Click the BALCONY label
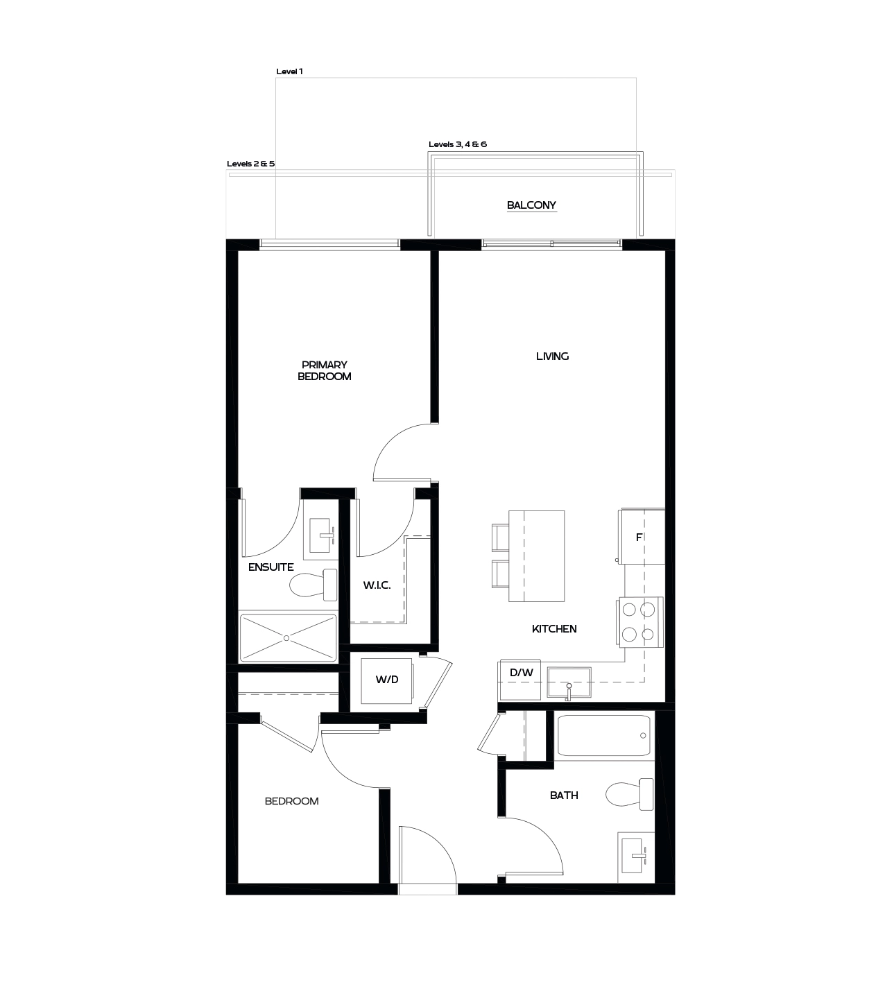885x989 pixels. click(531, 205)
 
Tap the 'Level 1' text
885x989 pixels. click(289, 71)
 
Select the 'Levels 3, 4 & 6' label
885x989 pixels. click(457, 144)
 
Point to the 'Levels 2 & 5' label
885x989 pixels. click(250, 164)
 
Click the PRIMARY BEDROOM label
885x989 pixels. click(324, 370)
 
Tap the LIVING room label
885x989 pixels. click(552, 356)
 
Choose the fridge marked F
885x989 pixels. click(642, 537)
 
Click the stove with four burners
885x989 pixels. click(639, 622)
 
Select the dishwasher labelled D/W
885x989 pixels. click(521, 673)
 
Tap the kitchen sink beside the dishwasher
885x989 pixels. click(569, 682)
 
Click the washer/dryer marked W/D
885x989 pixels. click(387, 680)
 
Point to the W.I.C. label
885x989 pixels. click(377, 585)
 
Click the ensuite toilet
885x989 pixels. click(313, 585)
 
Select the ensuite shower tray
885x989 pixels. click(287, 637)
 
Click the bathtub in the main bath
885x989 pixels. click(605, 736)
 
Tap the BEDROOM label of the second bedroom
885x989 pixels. click(291, 801)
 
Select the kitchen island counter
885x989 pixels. click(536, 556)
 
